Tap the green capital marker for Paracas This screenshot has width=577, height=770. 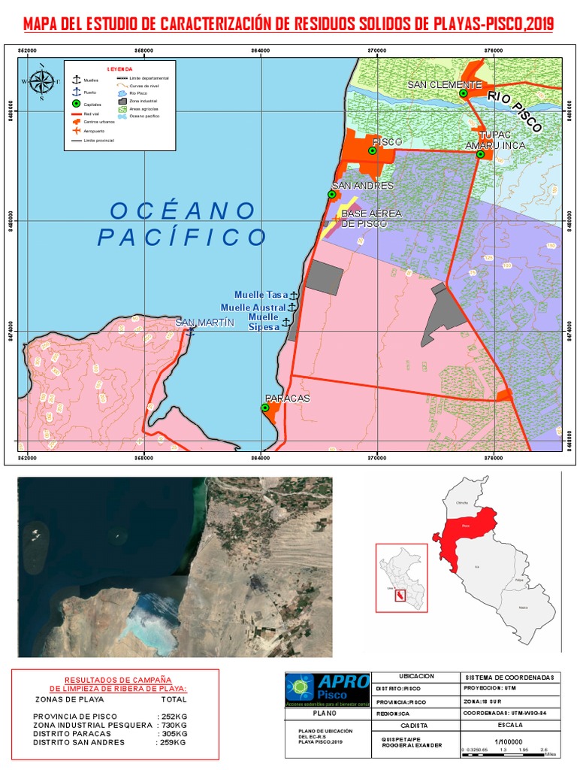(x=264, y=408)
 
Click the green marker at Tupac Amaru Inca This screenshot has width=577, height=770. (x=480, y=154)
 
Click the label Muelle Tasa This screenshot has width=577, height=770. (x=261, y=295)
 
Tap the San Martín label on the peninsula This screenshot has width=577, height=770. (x=200, y=323)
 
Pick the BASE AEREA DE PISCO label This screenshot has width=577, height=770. (x=371, y=219)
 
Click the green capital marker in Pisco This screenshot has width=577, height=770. (x=372, y=150)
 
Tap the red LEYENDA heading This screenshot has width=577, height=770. (x=119, y=68)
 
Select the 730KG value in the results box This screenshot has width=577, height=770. (x=172, y=724)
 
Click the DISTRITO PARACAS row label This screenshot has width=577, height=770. (x=70, y=733)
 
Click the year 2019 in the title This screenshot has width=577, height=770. (x=539, y=25)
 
